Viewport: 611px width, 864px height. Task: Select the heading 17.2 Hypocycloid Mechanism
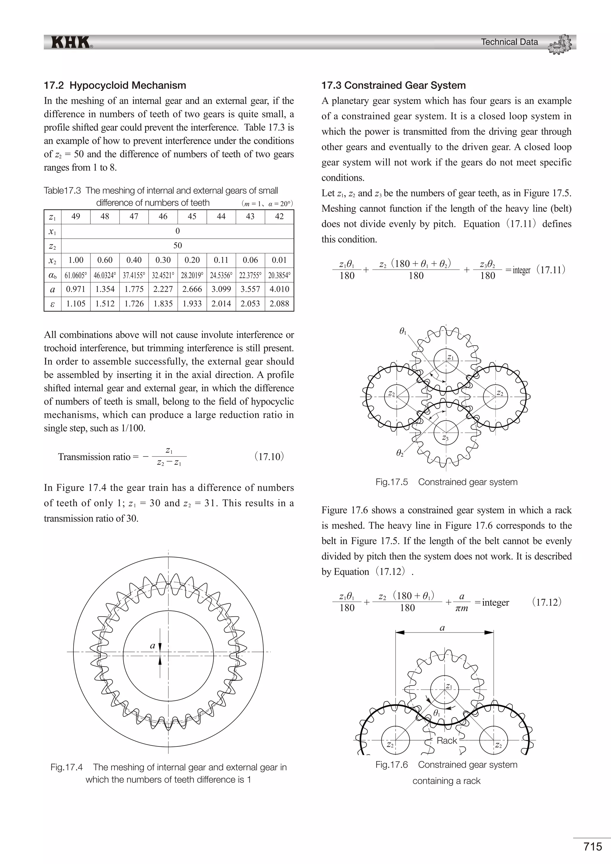pyautogui.click(x=115, y=85)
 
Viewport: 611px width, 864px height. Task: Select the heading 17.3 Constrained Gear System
pyautogui.click(x=393, y=85)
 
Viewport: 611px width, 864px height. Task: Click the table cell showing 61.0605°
pyautogui.click(x=75, y=275)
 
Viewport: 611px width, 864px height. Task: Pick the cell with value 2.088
pyautogui.click(x=279, y=304)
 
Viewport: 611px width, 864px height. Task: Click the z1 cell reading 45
pyautogui.click(x=192, y=216)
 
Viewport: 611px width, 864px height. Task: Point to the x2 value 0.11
pyautogui.click(x=221, y=260)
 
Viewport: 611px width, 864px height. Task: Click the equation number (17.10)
pyautogui.click(x=269, y=457)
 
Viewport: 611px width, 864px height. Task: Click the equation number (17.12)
pyautogui.click(x=547, y=602)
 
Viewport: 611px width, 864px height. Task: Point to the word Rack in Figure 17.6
pyautogui.click(x=447, y=740)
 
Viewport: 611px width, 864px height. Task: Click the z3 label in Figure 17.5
pyautogui.click(x=445, y=438)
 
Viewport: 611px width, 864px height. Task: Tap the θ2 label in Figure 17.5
pyautogui.click(x=399, y=453)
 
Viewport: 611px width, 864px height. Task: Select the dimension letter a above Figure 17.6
pyautogui.click(x=442, y=628)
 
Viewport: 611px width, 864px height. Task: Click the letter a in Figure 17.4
pyautogui.click(x=152, y=645)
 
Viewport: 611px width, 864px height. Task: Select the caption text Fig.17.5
pyautogui.click(x=391, y=482)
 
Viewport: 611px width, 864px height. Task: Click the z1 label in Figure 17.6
pyautogui.click(x=448, y=686)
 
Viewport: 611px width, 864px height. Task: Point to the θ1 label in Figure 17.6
pyautogui.click(x=436, y=713)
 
